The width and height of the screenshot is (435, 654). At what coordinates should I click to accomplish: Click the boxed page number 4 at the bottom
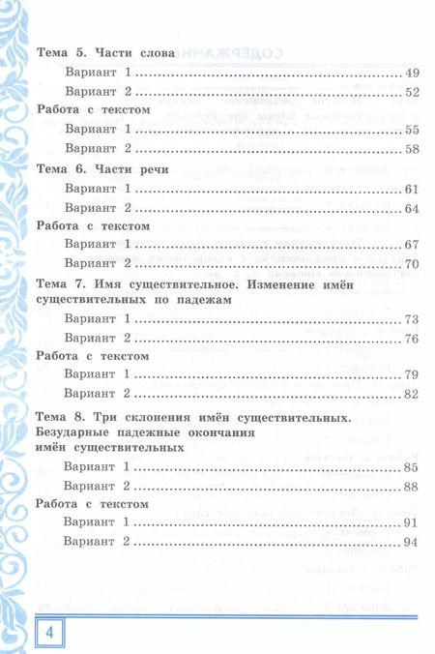(19, 634)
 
